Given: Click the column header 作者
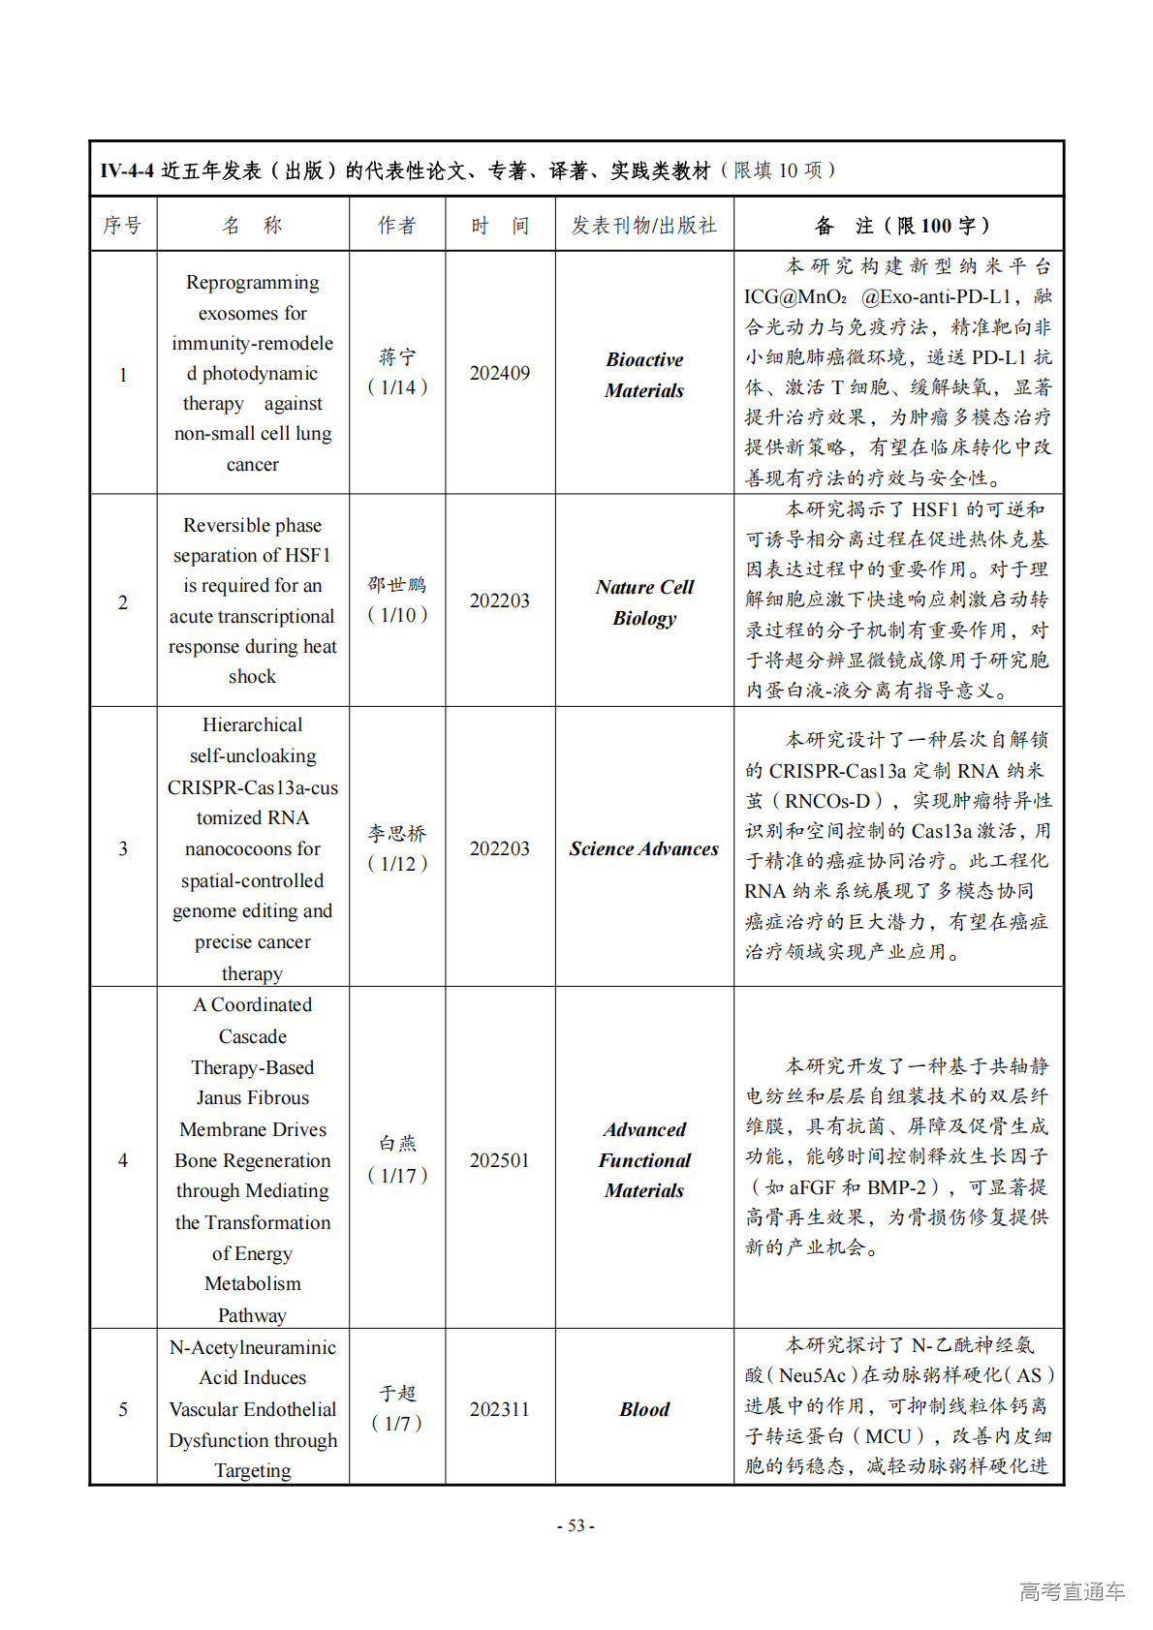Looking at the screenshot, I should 396,226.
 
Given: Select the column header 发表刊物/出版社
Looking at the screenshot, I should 644,226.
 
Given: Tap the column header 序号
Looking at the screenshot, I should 123,226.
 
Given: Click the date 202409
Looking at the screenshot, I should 500,373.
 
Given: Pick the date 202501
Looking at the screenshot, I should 500,1160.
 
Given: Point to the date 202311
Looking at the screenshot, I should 500,1409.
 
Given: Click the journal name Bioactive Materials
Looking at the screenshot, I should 644,375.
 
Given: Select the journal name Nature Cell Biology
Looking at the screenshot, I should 644,602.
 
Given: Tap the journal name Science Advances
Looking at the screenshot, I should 644,849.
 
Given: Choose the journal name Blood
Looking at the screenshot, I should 644,1409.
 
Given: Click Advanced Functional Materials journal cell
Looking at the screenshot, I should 644,1160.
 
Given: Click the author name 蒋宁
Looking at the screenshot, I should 397,357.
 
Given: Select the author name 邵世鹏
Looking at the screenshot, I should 397,585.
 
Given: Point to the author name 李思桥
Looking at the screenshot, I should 397,834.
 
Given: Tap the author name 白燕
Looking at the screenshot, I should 397,1144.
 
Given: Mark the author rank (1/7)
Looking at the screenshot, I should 397,1424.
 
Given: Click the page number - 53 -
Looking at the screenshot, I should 576,1525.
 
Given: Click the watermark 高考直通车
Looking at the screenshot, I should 1072,1591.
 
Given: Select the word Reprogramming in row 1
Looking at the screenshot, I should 252,283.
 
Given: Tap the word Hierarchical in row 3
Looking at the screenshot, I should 252,725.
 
